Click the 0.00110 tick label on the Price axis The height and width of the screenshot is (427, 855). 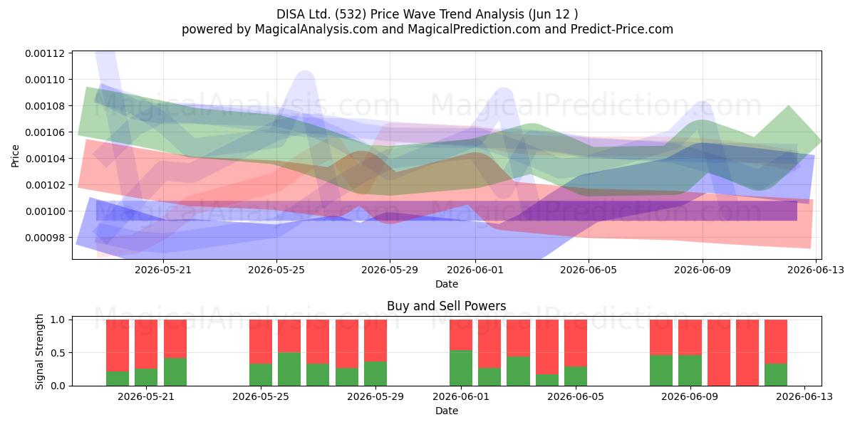[x=45, y=80]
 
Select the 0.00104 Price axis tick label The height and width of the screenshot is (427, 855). [x=45, y=159]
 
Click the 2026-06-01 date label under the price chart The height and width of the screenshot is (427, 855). [x=475, y=270]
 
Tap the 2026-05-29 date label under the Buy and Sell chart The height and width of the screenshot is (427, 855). [x=375, y=396]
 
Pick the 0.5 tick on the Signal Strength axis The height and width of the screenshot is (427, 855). [x=58, y=353]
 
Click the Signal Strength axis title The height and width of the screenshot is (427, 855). [x=39, y=352]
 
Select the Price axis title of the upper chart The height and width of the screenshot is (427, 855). [x=15, y=156]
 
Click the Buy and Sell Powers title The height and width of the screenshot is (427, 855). [x=447, y=306]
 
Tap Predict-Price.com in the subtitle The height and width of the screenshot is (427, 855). [x=622, y=29]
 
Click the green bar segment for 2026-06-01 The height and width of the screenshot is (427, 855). [x=461, y=368]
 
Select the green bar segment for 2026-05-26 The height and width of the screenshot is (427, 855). [x=289, y=369]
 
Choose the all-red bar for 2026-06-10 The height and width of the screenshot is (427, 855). [x=719, y=353]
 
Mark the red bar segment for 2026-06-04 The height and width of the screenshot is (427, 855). [x=547, y=347]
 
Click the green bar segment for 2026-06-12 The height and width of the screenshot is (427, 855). [x=776, y=375]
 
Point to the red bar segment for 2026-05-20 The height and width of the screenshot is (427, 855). [x=117, y=345]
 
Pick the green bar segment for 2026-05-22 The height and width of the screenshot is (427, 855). [x=175, y=371]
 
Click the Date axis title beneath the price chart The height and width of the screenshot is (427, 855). [x=447, y=284]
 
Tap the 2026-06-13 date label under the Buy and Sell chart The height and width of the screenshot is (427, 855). [x=804, y=396]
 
